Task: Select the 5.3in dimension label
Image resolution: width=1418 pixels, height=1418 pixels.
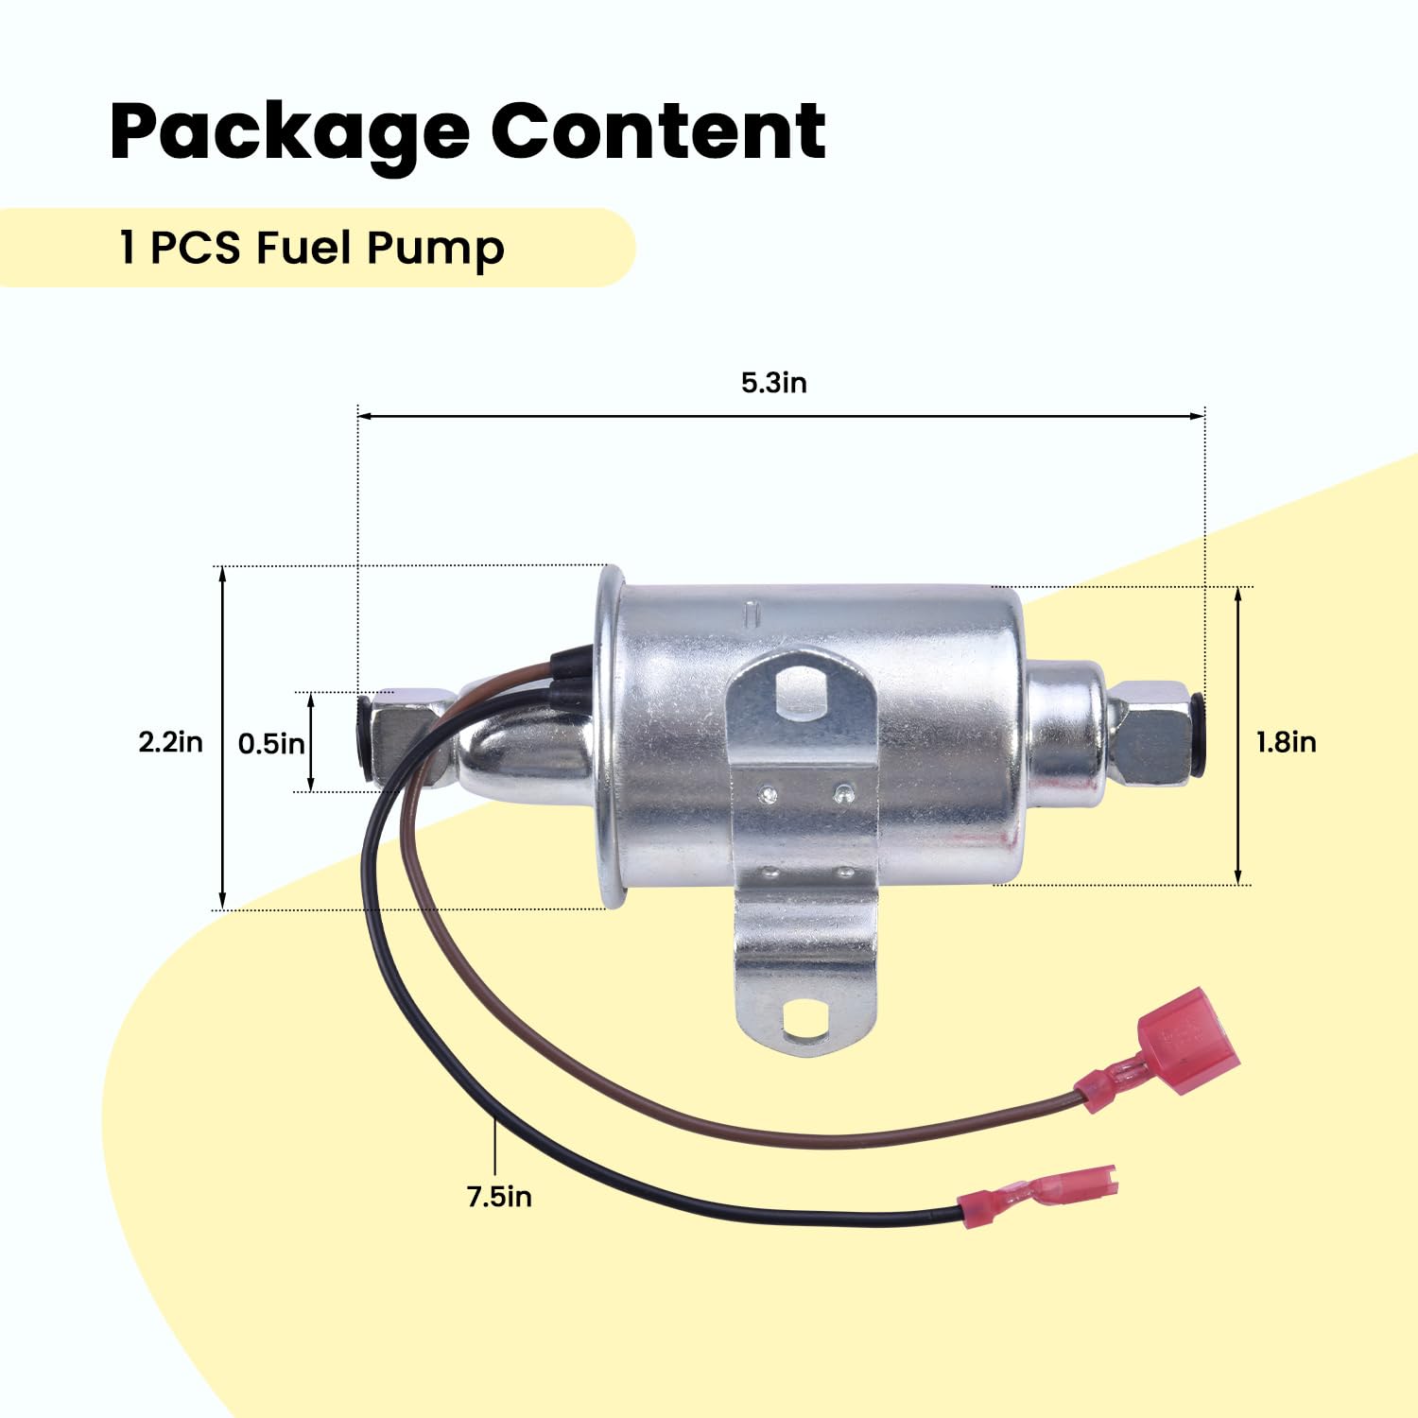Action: (x=773, y=383)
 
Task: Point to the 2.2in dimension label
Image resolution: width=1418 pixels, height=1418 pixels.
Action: (x=170, y=742)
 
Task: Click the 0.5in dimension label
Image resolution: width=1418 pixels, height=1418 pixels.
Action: (x=271, y=744)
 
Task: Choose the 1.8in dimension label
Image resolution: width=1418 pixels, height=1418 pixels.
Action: (x=1286, y=742)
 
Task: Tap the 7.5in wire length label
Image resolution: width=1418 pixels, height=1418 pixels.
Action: (x=499, y=1197)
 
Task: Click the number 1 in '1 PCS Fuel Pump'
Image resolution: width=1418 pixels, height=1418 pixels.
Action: (x=128, y=249)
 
